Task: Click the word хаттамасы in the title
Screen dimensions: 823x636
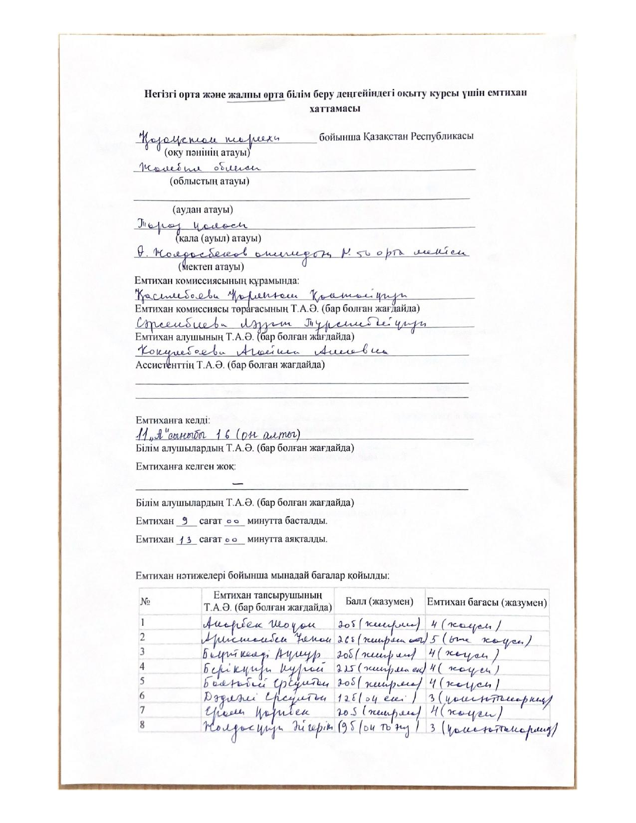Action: (335, 108)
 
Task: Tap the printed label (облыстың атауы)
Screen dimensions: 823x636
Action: (210, 181)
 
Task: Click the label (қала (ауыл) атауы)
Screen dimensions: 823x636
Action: (218, 238)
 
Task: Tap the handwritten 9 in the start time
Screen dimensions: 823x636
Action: (185, 521)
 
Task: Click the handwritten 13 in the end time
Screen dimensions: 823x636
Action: (187, 540)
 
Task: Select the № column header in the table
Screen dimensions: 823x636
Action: (146, 602)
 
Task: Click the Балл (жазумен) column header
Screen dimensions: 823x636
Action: (379, 602)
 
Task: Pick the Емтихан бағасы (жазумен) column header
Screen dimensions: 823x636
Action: (487, 602)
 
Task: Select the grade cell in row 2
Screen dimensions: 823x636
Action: (479, 639)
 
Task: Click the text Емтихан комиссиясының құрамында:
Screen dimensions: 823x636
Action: (217, 280)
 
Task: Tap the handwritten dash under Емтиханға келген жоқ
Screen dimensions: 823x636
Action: (238, 483)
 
